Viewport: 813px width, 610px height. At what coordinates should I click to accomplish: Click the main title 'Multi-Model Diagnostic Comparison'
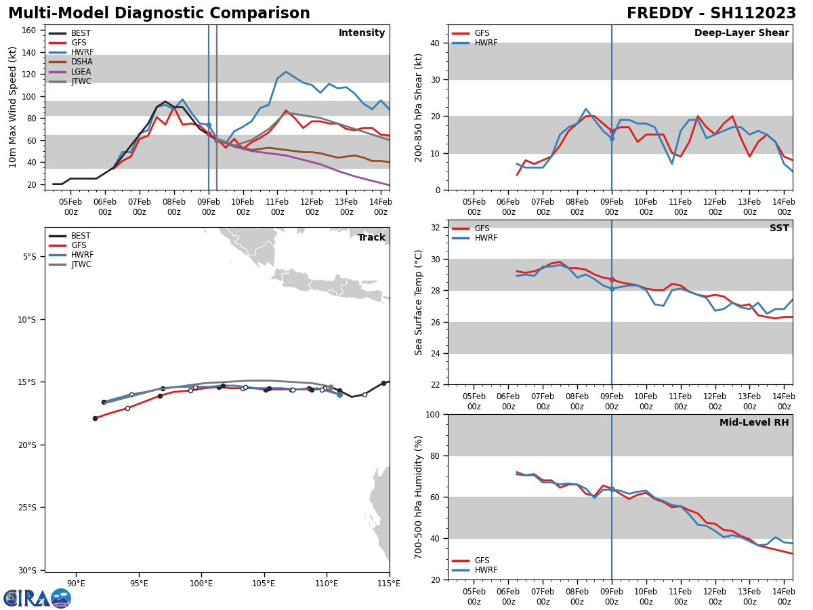click(x=159, y=14)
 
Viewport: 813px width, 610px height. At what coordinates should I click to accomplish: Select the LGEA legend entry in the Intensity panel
click(x=81, y=72)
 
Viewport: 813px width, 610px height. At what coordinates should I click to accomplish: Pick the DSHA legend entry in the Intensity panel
click(x=81, y=62)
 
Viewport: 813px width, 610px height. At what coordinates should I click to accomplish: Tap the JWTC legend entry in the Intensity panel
click(x=81, y=81)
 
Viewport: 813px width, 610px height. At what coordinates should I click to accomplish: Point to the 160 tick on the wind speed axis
click(x=30, y=30)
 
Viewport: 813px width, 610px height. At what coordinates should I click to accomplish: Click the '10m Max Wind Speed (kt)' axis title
click(x=13, y=107)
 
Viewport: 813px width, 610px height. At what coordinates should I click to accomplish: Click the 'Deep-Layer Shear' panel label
click(x=741, y=33)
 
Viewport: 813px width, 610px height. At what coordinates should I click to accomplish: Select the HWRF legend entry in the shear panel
click(x=486, y=43)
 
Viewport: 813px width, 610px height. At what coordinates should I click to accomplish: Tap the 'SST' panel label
click(x=778, y=228)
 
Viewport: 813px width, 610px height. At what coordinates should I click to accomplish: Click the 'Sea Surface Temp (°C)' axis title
click(x=419, y=302)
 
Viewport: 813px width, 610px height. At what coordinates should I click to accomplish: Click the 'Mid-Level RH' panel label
click(x=754, y=423)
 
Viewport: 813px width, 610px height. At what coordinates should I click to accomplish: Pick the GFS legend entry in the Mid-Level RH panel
click(x=481, y=561)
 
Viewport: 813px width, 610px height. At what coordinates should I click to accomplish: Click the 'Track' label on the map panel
click(x=371, y=238)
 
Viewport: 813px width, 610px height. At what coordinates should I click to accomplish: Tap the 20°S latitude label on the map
click(x=31, y=445)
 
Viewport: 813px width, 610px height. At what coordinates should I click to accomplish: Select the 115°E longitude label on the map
click(x=389, y=583)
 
